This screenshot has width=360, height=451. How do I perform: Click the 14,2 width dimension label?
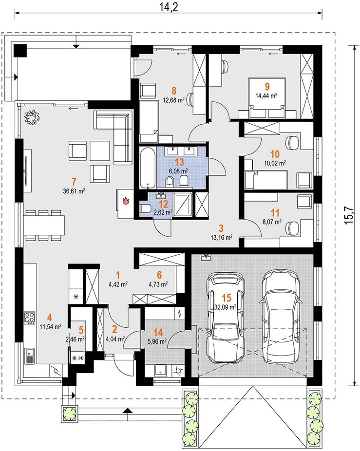tap(169, 6)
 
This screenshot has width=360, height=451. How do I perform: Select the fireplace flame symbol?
tap(126, 200)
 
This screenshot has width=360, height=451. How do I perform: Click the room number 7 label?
tap(74, 182)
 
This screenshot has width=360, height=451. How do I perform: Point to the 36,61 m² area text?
tap(74, 190)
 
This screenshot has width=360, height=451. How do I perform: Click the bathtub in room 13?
tap(148, 168)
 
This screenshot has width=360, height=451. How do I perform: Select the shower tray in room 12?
tap(183, 205)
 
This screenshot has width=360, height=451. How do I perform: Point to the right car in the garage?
tap(280, 316)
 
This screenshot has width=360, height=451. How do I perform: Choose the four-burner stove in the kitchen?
tap(29, 318)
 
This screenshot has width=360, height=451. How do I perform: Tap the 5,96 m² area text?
tap(158, 342)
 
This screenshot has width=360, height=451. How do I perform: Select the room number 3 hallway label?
tap(221, 228)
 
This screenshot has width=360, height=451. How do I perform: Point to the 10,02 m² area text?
tap(275, 163)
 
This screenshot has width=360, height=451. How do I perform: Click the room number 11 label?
tap(275, 213)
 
